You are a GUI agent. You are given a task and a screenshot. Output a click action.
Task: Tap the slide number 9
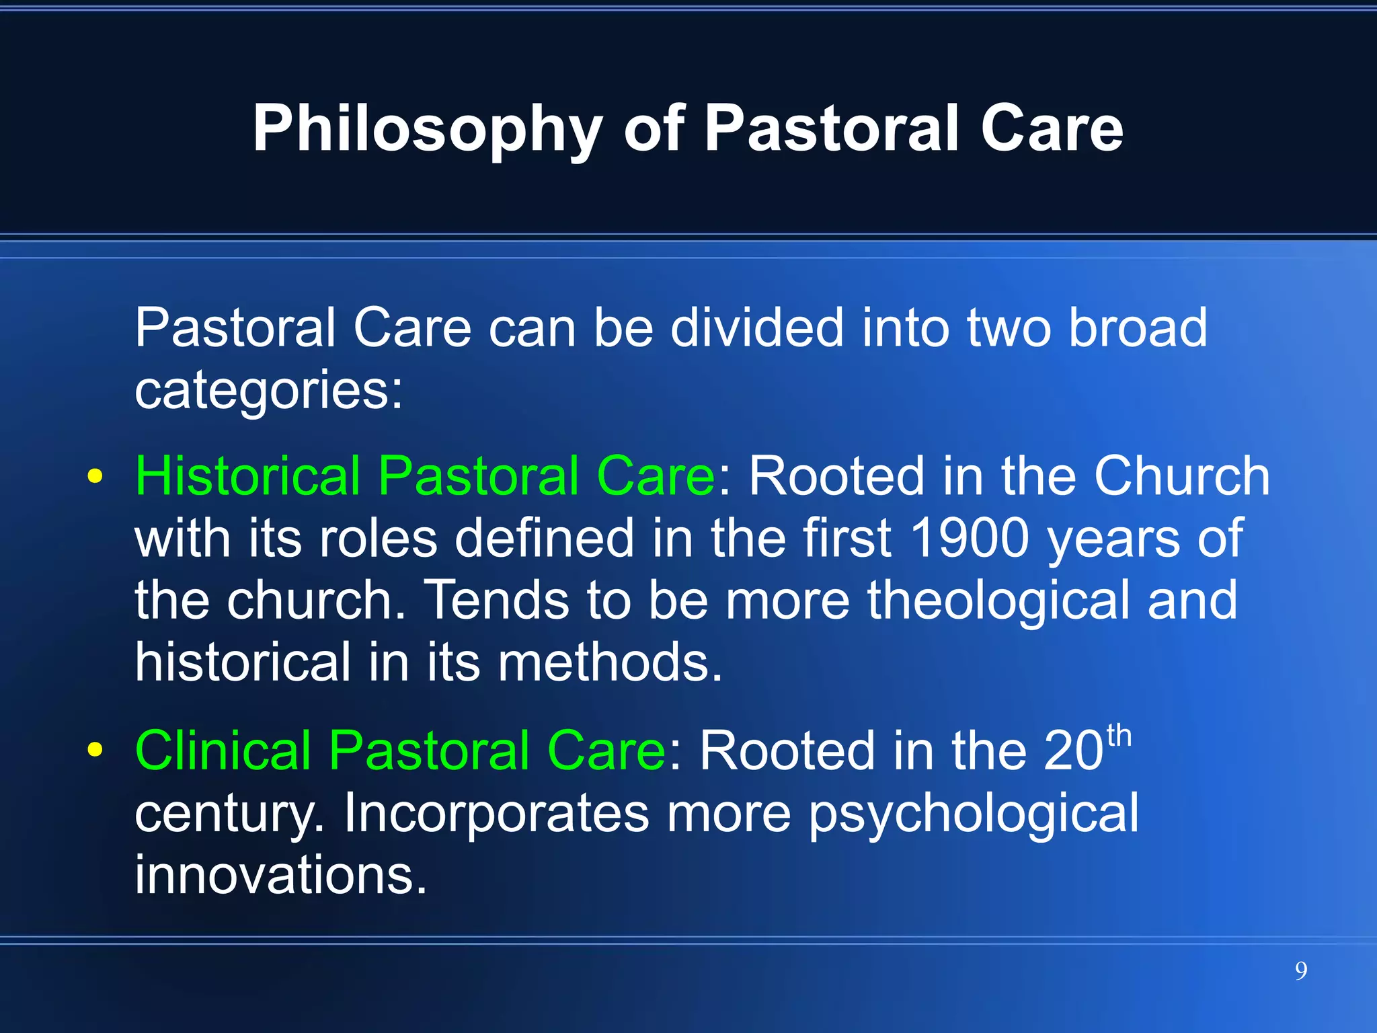[1301, 971]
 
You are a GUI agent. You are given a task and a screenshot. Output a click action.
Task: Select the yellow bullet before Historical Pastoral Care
[95, 477]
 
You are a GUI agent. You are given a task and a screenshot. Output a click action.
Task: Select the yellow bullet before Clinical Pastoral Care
[95, 749]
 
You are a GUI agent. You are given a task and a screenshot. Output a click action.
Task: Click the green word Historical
[247, 475]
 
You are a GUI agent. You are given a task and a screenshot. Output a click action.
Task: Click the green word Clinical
[223, 751]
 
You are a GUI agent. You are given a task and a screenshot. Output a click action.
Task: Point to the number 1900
[969, 538]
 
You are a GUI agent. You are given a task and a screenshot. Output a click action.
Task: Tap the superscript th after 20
[1119, 736]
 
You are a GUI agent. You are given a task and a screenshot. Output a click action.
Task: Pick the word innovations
[280, 874]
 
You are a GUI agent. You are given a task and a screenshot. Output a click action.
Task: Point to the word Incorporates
[496, 812]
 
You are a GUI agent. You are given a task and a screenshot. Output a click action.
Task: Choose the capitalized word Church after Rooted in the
[1181, 475]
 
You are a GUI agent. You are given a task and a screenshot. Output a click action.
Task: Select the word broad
[1138, 328]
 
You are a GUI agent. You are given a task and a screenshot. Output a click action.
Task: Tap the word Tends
[497, 600]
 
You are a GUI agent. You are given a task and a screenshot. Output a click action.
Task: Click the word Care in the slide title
[1052, 129]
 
